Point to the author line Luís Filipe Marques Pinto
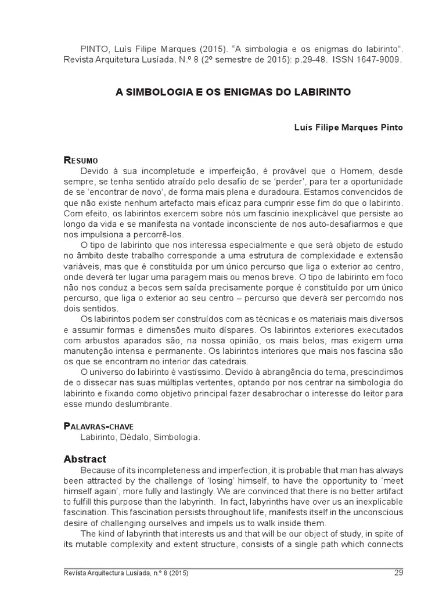point(340,126)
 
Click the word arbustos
point(103,339)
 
